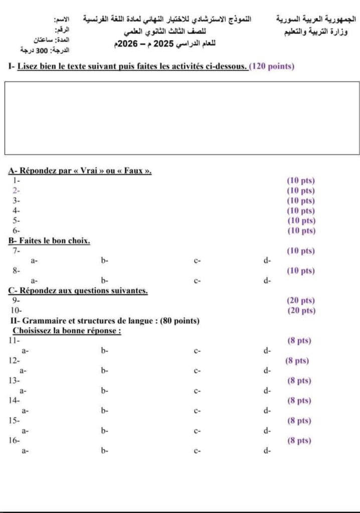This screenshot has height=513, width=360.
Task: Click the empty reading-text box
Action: tap(182, 118)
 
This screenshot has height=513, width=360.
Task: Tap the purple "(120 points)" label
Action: tap(271, 66)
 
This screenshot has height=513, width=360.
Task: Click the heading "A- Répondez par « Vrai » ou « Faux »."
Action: tap(80, 170)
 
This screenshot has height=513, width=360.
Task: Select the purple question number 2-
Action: tap(16, 190)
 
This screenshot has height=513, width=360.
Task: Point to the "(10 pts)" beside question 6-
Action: tap(301, 230)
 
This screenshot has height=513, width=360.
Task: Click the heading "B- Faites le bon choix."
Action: tap(49, 240)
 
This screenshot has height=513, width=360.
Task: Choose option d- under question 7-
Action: tap(267, 261)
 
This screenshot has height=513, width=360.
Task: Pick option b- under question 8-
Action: tap(105, 281)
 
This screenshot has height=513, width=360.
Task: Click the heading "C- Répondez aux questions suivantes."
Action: tap(78, 291)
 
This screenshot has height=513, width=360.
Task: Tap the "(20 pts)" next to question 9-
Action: tap(301, 301)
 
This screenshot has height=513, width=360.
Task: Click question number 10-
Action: tap(17, 311)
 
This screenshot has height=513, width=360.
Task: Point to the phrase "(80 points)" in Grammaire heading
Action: tap(179, 321)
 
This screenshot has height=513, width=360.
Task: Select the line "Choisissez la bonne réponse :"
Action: tap(67, 331)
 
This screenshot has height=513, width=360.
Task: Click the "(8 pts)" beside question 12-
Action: tap(297, 361)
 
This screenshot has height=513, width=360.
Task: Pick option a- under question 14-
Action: tap(23, 411)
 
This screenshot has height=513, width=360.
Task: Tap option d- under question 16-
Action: tap(267, 451)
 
